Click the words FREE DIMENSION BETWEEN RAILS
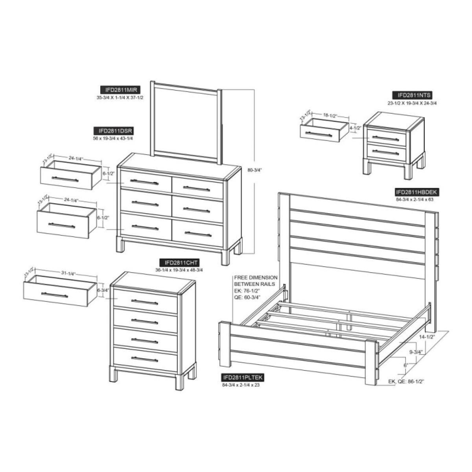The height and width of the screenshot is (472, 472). pos(256,280)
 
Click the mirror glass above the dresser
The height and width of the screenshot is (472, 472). pos(186,122)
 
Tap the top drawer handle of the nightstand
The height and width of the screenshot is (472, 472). pos(385,138)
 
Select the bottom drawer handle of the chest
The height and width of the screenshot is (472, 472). pos(145,359)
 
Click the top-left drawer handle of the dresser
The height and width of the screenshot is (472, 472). pos(144,182)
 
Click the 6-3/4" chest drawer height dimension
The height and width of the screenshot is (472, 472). pos(103,291)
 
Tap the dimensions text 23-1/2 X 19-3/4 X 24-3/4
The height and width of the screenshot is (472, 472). pos(412,103)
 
